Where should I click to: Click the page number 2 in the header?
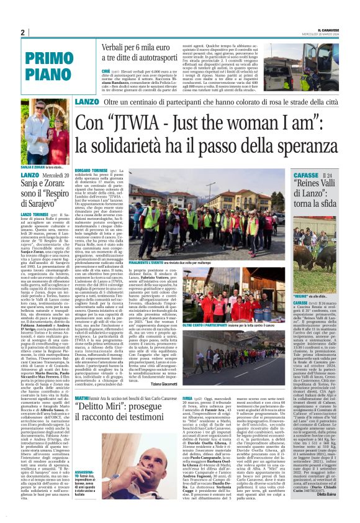click(x=22, y=32)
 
